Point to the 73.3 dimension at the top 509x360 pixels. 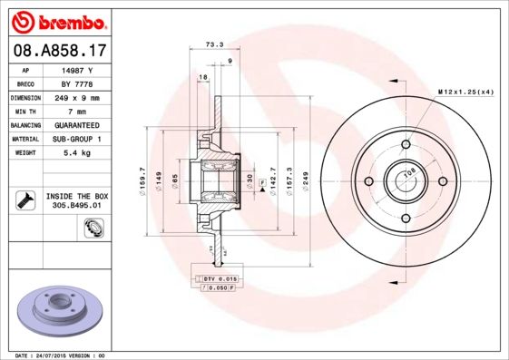click(x=214, y=44)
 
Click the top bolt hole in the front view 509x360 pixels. click(x=404, y=145)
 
